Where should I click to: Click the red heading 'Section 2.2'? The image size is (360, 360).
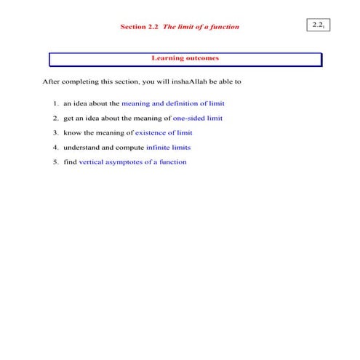pyautogui.click(x=139, y=27)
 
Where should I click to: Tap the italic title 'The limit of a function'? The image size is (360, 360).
pyautogui.click(x=201, y=27)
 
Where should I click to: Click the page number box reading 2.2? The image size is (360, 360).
pyautogui.click(x=318, y=25)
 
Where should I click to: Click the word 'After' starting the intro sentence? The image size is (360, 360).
pyautogui.click(x=52, y=81)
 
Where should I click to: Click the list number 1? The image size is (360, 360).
pyautogui.click(x=55, y=103)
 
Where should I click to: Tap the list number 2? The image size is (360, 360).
pyautogui.click(x=55, y=118)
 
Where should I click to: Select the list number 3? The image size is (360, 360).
pyautogui.click(x=55, y=132)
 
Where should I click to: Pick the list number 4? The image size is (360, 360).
pyautogui.click(x=55, y=147)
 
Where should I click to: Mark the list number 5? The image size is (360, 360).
pyautogui.click(x=55, y=161)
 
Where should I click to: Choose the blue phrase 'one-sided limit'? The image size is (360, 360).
pyautogui.click(x=198, y=118)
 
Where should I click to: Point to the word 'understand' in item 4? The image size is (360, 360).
pyautogui.click(x=80, y=147)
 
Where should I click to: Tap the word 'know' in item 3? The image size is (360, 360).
pyautogui.click(x=72, y=132)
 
